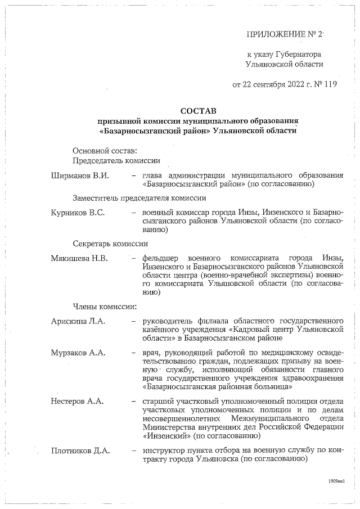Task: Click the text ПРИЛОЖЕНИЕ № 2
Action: (284, 35)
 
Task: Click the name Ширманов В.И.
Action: (80, 175)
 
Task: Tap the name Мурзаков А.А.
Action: (79, 353)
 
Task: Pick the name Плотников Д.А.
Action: (80, 450)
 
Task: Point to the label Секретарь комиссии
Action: (110, 244)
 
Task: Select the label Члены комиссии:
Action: (105, 307)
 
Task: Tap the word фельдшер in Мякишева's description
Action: (163, 258)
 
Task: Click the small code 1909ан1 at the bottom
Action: (336, 482)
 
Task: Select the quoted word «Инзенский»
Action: (166, 435)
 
